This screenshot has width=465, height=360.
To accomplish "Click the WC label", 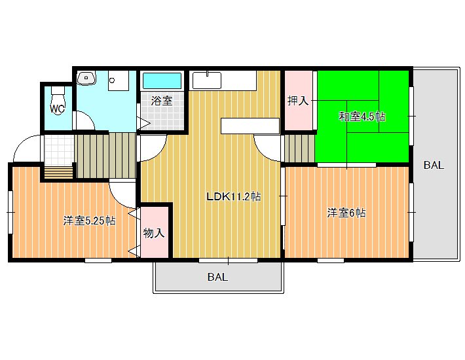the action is (x=57, y=109).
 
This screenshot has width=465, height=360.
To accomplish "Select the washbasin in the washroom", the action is (x=86, y=78).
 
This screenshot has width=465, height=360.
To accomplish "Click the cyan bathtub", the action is (x=162, y=81).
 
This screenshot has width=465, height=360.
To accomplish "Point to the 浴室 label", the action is (x=162, y=101).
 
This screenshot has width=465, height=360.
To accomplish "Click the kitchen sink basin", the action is (x=207, y=80).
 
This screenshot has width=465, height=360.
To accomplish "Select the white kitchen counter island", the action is (x=250, y=126).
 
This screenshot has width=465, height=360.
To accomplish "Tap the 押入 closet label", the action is (x=298, y=101).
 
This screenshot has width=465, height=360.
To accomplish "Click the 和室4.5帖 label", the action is (x=362, y=117).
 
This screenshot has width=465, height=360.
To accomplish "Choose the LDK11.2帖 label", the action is (x=233, y=196).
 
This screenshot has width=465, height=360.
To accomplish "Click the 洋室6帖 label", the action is (x=346, y=213).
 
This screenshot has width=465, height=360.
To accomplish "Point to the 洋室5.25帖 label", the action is (x=89, y=221).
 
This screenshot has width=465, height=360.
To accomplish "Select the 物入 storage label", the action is (x=154, y=233).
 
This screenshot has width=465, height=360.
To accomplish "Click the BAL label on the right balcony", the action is (x=434, y=165).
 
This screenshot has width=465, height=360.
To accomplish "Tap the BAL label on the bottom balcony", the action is (x=217, y=277).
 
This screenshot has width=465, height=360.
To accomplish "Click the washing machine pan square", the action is (x=119, y=81).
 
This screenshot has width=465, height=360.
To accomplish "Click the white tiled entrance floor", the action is (x=58, y=150).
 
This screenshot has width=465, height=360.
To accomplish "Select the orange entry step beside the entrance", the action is (x=58, y=172).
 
